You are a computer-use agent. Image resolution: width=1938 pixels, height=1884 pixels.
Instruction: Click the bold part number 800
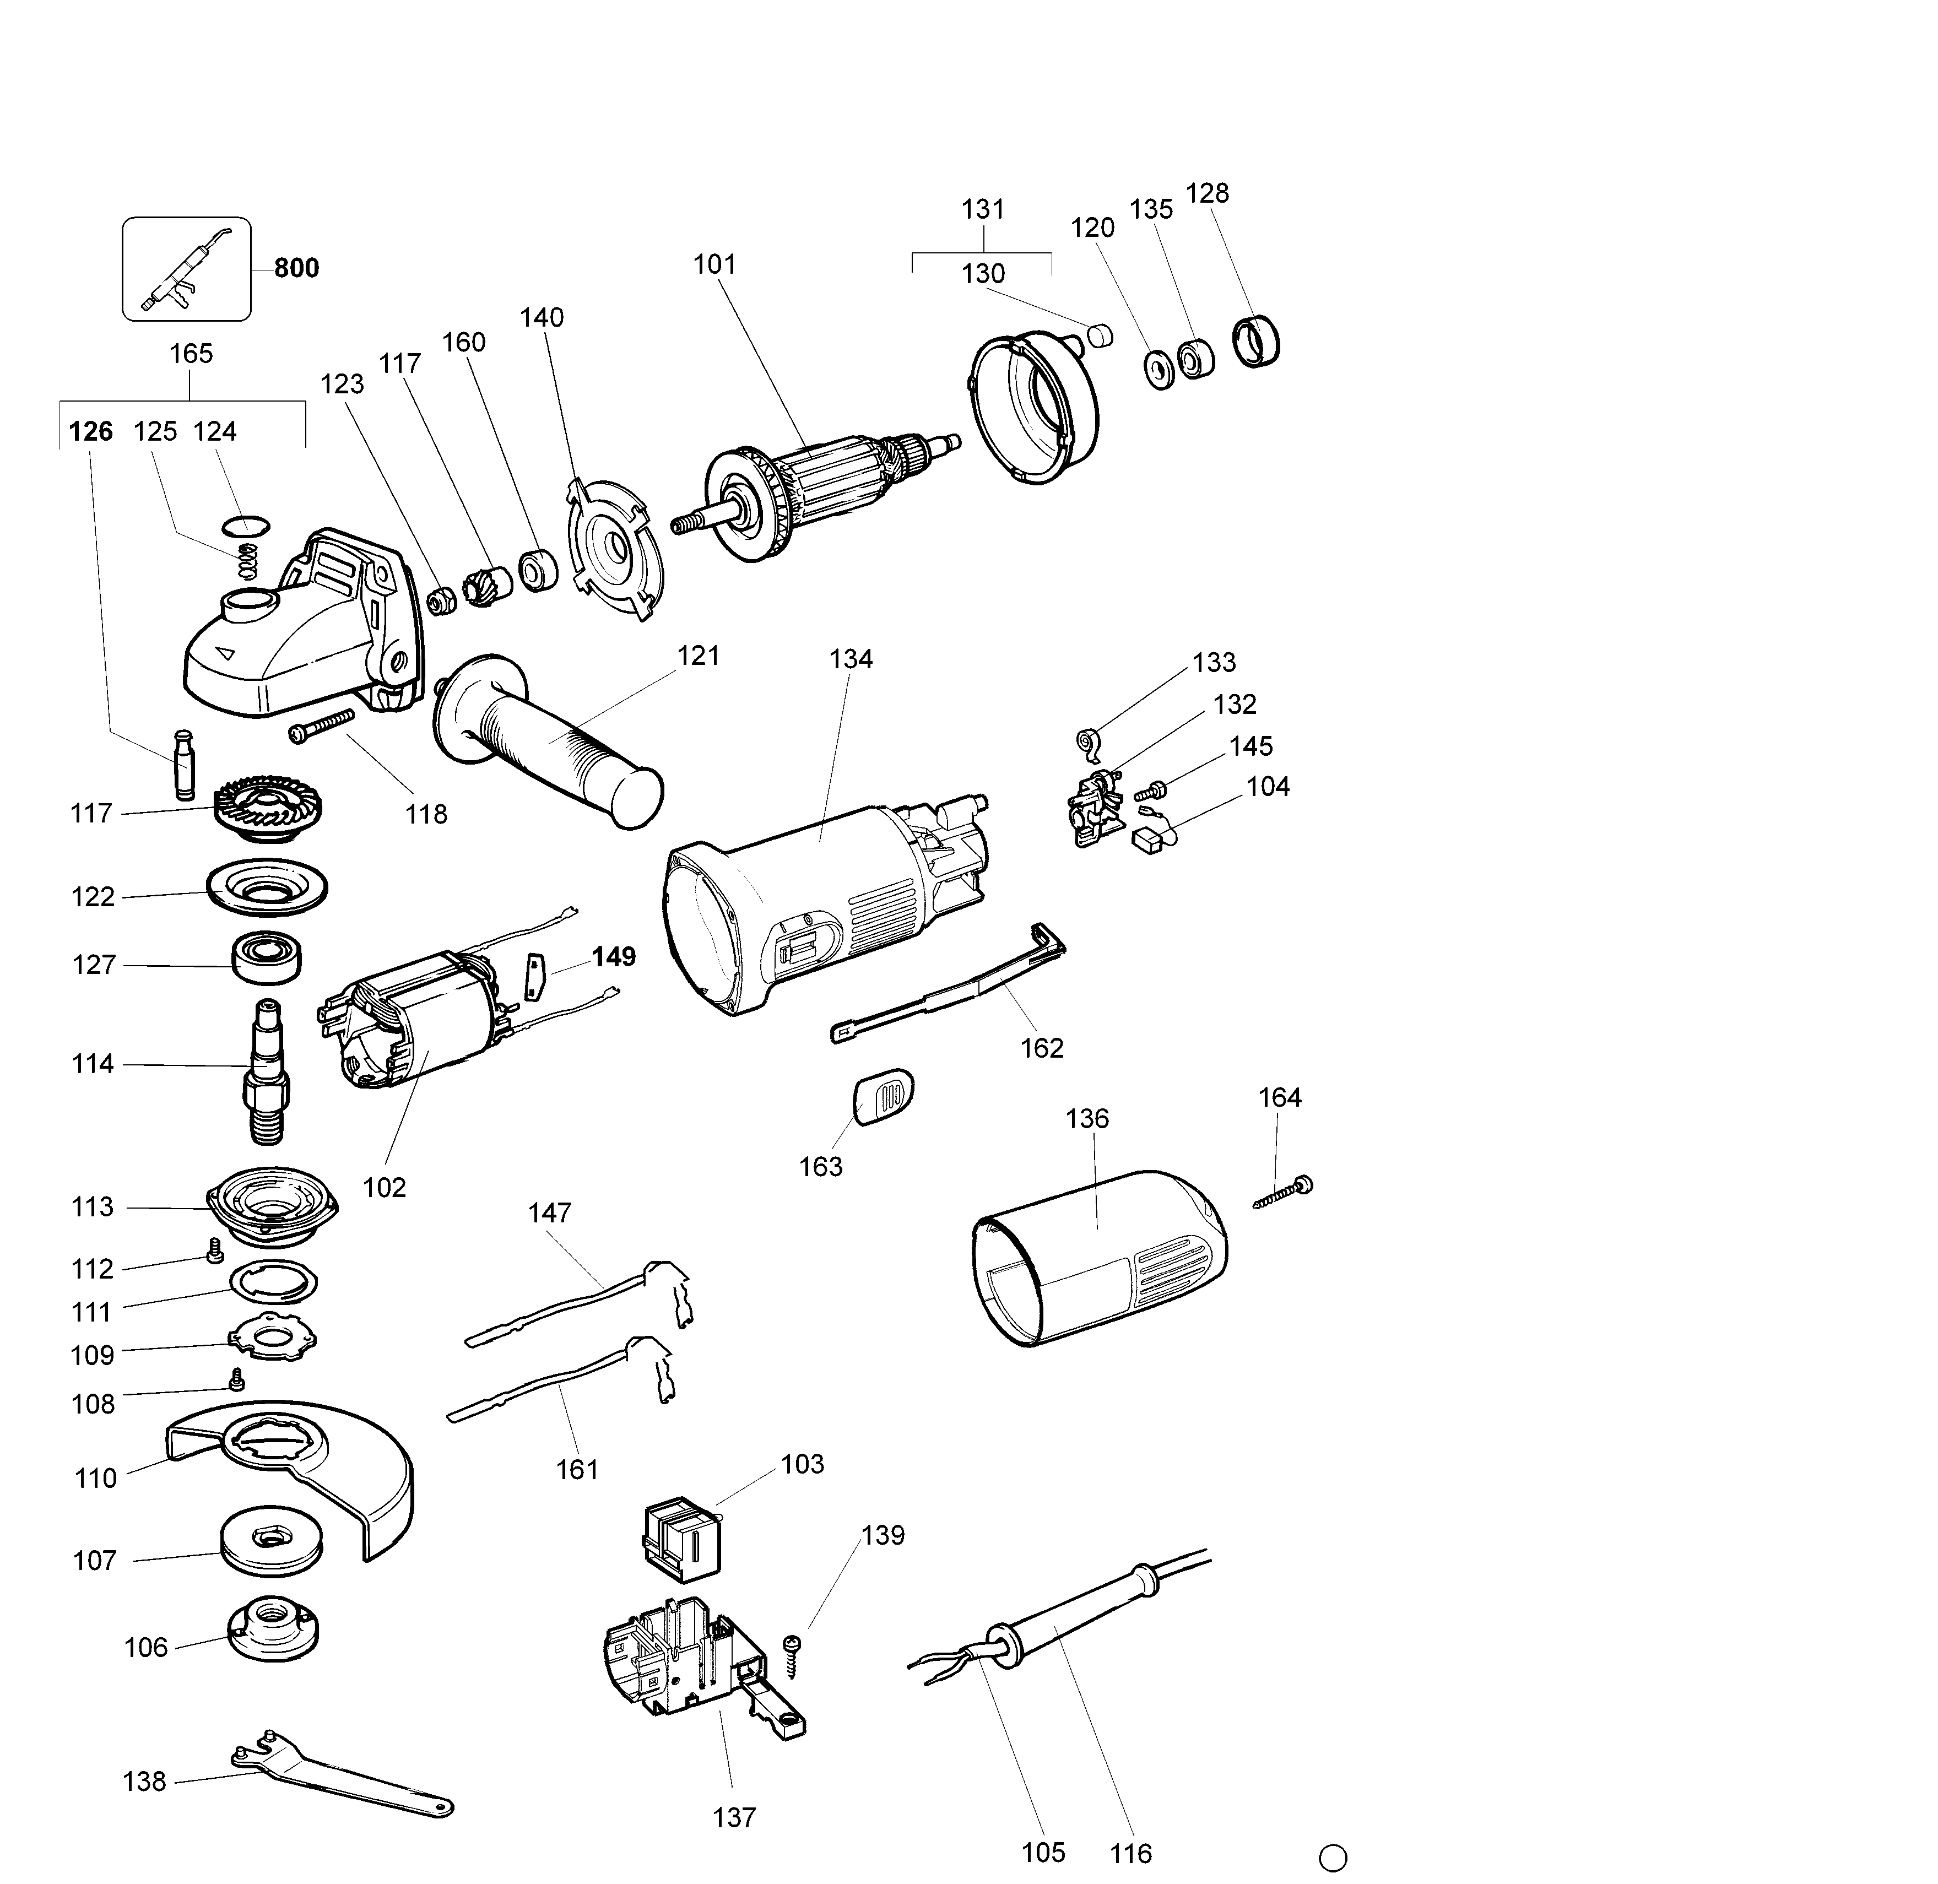pos(296,268)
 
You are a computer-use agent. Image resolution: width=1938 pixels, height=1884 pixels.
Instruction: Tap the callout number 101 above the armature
pos(714,264)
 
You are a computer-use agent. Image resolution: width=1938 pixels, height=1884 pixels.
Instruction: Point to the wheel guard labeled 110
pos(297,1474)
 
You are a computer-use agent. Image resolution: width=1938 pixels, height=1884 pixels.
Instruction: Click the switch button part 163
pos(883,1095)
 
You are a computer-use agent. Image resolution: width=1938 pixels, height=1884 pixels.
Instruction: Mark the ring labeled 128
pos(1257,342)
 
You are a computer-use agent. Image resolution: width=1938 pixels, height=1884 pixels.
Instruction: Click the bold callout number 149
pos(613,957)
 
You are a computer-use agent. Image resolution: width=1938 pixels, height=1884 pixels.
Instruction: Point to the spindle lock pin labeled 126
pos(184,764)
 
